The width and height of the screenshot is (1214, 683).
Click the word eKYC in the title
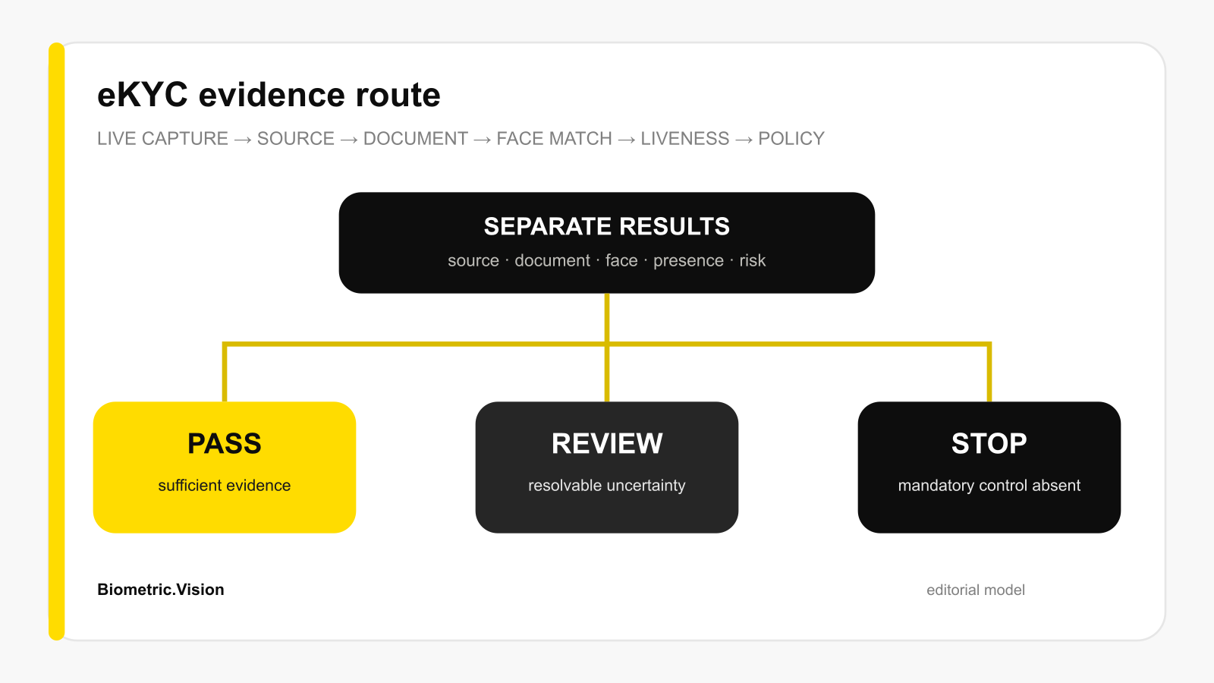click(x=143, y=95)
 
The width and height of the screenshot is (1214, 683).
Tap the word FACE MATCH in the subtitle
click(x=554, y=139)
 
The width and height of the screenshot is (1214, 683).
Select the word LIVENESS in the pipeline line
click(x=685, y=139)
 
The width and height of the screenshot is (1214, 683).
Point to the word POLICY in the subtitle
click(x=791, y=139)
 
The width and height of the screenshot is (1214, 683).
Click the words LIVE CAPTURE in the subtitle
click(x=162, y=139)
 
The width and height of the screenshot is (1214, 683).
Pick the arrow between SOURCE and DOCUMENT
click(x=349, y=140)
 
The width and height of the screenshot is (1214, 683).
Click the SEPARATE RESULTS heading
click(x=606, y=227)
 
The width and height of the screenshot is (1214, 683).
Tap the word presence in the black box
click(x=688, y=261)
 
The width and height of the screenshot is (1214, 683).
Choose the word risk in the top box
click(x=752, y=260)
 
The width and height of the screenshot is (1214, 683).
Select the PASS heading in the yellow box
click(x=225, y=443)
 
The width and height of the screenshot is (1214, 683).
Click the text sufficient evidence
click(x=225, y=485)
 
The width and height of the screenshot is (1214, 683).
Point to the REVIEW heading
click(x=607, y=443)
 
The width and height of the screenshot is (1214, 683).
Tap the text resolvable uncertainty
click(x=607, y=486)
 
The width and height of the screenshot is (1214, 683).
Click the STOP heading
click(x=989, y=443)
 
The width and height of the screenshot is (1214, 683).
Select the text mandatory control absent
click(x=989, y=486)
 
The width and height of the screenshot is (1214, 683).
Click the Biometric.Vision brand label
click(x=160, y=590)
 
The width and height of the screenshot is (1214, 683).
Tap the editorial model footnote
click(x=976, y=590)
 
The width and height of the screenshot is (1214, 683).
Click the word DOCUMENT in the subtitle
click(x=416, y=139)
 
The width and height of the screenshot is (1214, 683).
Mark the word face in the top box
click(x=621, y=260)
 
